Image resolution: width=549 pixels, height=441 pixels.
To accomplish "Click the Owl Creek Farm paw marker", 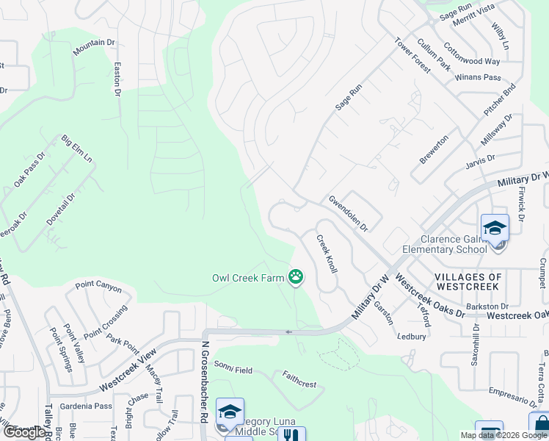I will point(296,277).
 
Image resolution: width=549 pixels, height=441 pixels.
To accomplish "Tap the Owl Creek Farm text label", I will point(248,278).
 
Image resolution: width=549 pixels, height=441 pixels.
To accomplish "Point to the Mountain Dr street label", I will point(94,46).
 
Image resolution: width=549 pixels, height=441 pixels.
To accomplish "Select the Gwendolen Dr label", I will point(348,213).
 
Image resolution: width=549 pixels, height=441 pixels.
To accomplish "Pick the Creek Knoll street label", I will point(327,254).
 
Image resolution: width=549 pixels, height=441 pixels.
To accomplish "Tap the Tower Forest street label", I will point(412,55).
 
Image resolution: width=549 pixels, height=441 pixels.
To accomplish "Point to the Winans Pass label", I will point(478,77).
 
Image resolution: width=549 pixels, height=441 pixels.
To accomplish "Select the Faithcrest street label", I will point(299,379).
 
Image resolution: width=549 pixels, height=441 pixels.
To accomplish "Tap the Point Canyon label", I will point(98,285).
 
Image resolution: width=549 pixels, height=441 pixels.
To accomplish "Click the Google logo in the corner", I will point(23,432).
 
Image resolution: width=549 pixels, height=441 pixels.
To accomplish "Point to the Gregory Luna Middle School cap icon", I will point(230,412).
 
